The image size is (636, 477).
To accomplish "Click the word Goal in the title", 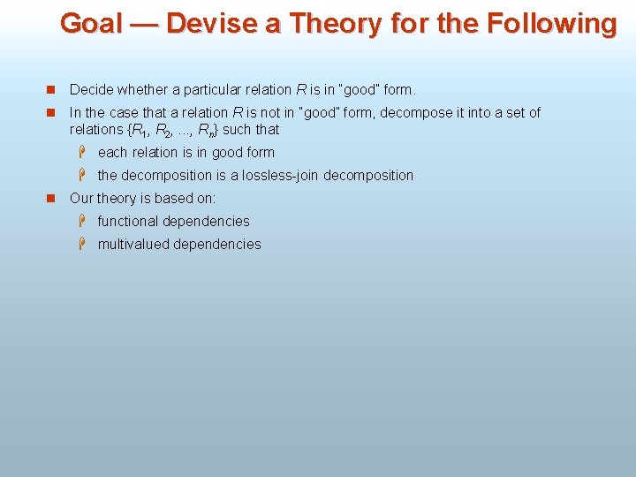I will click(x=92, y=24).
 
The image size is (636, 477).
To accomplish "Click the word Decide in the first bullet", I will click(x=91, y=90).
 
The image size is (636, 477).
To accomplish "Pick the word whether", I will click(x=143, y=90).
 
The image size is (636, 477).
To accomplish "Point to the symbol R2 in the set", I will click(x=162, y=131).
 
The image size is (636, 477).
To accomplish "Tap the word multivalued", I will click(x=133, y=245).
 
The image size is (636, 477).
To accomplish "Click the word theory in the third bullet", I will click(x=117, y=199).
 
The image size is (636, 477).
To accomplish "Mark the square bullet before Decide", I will click(x=50, y=90).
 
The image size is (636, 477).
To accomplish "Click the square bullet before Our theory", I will click(x=50, y=199).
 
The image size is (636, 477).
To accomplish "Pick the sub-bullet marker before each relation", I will click(x=80, y=152).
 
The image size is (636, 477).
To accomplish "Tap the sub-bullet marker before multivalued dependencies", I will click(x=80, y=244).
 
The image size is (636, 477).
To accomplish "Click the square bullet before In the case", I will click(x=50, y=113).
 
